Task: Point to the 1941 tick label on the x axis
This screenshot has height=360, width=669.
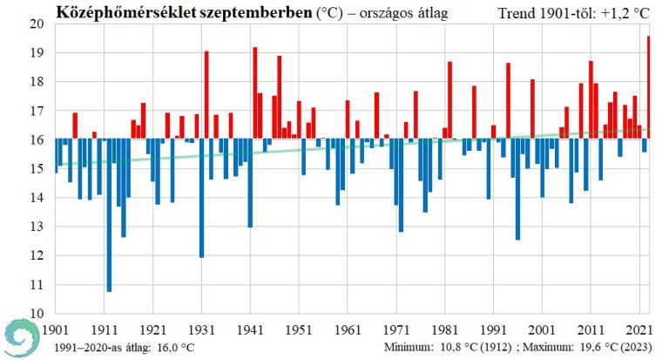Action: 250,330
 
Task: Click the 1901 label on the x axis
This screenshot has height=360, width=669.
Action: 55,330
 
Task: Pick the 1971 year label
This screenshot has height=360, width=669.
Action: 396,330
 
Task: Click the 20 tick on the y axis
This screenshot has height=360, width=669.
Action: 36,24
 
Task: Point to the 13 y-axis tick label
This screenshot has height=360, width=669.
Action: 36,227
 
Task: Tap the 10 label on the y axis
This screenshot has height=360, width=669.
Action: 36,313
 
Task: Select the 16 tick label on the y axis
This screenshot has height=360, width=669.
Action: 36,139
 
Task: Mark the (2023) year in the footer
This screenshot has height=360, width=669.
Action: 633,347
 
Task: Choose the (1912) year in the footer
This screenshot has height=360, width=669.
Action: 496,347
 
